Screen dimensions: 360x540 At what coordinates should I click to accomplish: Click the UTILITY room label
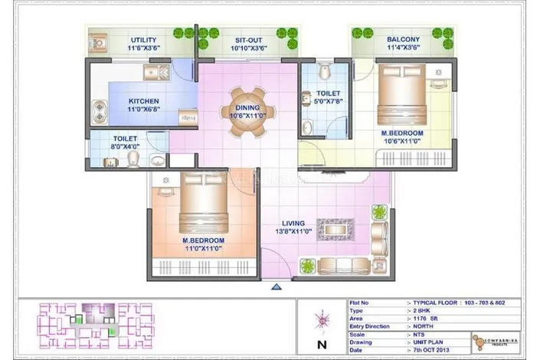coord(144,40)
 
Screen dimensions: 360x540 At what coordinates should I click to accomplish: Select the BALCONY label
coord(402,40)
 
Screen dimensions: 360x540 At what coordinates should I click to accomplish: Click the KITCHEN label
coord(144,102)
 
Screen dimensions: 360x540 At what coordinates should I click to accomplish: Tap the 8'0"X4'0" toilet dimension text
coord(126,147)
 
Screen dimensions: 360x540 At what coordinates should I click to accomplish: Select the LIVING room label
coord(296,222)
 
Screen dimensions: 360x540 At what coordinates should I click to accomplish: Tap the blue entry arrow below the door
coord(277,286)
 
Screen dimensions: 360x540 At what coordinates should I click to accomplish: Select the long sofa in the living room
coord(345,266)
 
